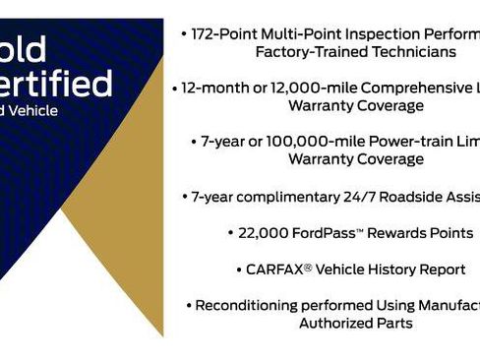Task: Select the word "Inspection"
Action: (390, 32)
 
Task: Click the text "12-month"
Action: (218, 88)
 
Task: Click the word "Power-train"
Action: (412, 142)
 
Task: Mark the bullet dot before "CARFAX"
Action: (239, 269)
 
